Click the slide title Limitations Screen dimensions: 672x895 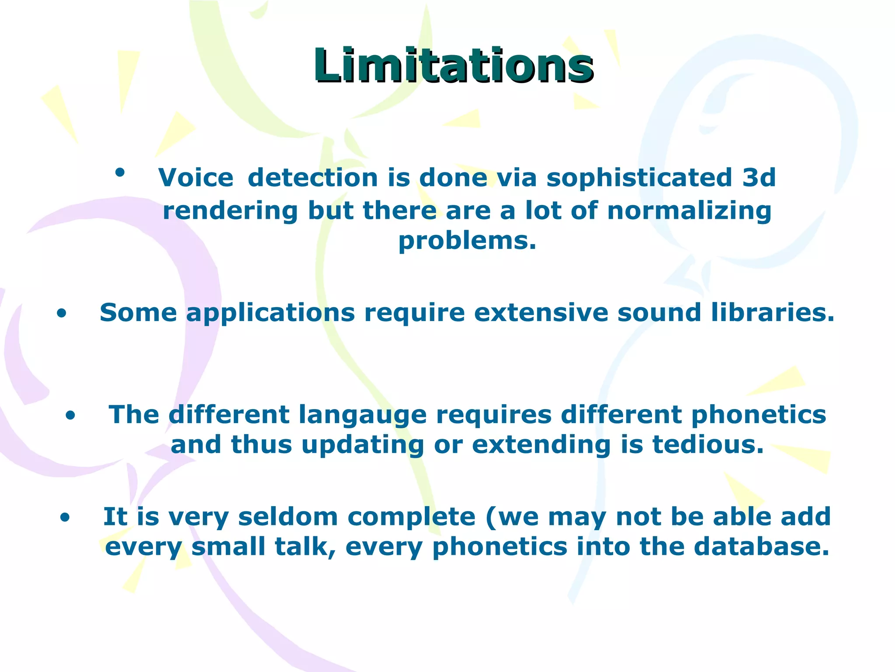pos(453,66)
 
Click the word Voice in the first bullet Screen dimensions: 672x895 pos(196,178)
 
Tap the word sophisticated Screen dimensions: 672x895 pos(639,178)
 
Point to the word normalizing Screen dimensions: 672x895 pos(689,211)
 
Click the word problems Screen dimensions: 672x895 pos(467,241)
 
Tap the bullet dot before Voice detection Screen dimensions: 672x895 pos(120,172)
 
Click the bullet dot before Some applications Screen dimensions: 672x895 pos(62,313)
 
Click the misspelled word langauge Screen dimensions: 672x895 pos(363,415)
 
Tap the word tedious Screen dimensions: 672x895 pos(708,445)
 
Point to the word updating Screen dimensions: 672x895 pos(363,445)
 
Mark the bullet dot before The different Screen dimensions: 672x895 pos(70,416)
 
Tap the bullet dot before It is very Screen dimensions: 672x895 pos(65,518)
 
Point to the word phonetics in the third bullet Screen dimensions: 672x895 pos(759,415)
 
